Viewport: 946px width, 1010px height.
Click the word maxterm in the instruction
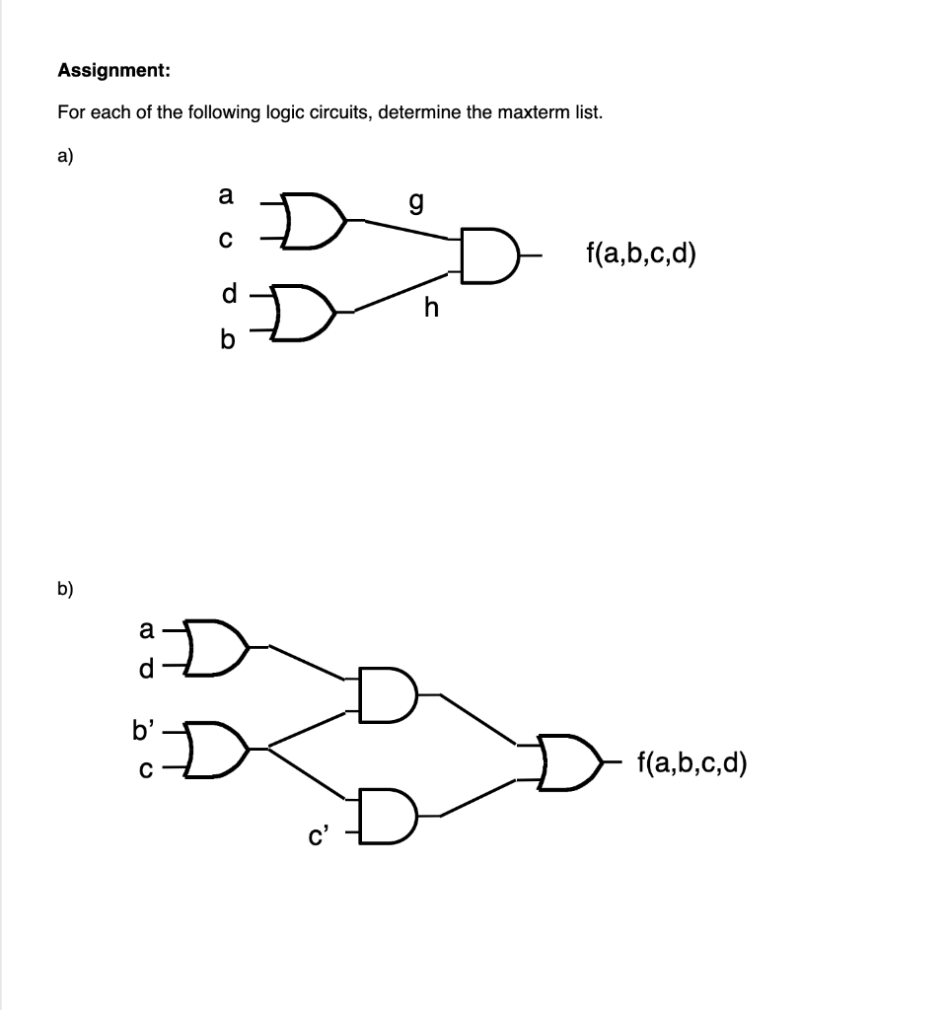pos(531,112)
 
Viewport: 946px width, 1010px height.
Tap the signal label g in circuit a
pos(416,204)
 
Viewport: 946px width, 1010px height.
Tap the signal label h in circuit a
pos(430,309)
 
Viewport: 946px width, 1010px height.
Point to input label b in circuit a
pos(227,340)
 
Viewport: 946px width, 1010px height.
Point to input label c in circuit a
pos(226,240)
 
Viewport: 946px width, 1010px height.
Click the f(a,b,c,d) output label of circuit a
pos(640,255)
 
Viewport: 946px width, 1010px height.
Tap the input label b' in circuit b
pos(143,732)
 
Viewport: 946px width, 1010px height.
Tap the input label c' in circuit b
pos(318,838)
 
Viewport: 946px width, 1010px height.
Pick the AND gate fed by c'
pos(388,814)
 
